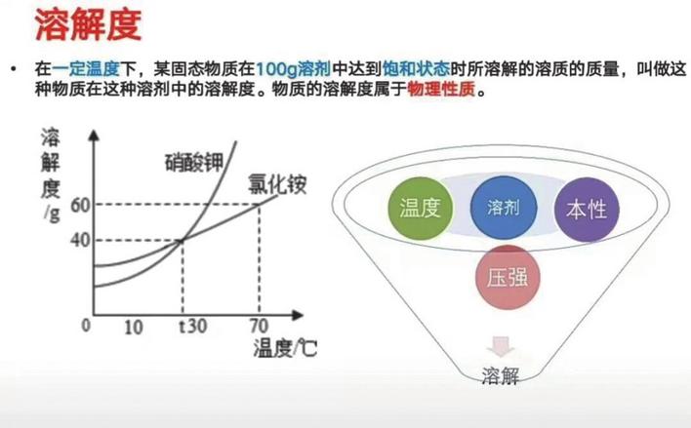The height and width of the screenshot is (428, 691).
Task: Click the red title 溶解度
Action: point(88,24)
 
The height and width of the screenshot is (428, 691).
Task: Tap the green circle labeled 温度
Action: point(421,209)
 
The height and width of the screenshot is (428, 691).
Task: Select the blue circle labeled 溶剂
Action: point(504,208)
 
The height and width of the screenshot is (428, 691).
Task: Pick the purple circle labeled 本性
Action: point(587,210)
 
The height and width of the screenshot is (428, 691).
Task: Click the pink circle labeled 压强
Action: point(508,278)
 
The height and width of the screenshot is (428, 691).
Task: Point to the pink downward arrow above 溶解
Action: point(500,346)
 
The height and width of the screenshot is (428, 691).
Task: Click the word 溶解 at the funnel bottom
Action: point(500,376)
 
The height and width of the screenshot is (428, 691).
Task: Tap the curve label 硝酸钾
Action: point(194,163)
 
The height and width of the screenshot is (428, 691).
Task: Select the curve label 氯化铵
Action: point(277,184)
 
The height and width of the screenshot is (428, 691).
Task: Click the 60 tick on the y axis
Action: point(80,205)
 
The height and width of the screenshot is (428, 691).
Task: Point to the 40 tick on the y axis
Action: point(80,241)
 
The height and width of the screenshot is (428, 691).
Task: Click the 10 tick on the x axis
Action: point(134,328)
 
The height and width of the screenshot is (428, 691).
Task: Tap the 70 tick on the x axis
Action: point(260,327)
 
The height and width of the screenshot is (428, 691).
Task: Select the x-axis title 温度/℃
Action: point(285,348)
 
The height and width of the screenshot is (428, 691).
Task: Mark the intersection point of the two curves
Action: point(182,240)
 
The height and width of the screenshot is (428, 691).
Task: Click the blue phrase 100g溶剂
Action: point(293,69)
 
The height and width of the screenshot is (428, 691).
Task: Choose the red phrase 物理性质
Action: point(441,90)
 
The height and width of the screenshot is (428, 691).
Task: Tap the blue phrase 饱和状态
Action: point(417,69)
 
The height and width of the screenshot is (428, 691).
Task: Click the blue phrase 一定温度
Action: point(86,69)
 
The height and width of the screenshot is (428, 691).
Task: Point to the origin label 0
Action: point(86,326)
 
